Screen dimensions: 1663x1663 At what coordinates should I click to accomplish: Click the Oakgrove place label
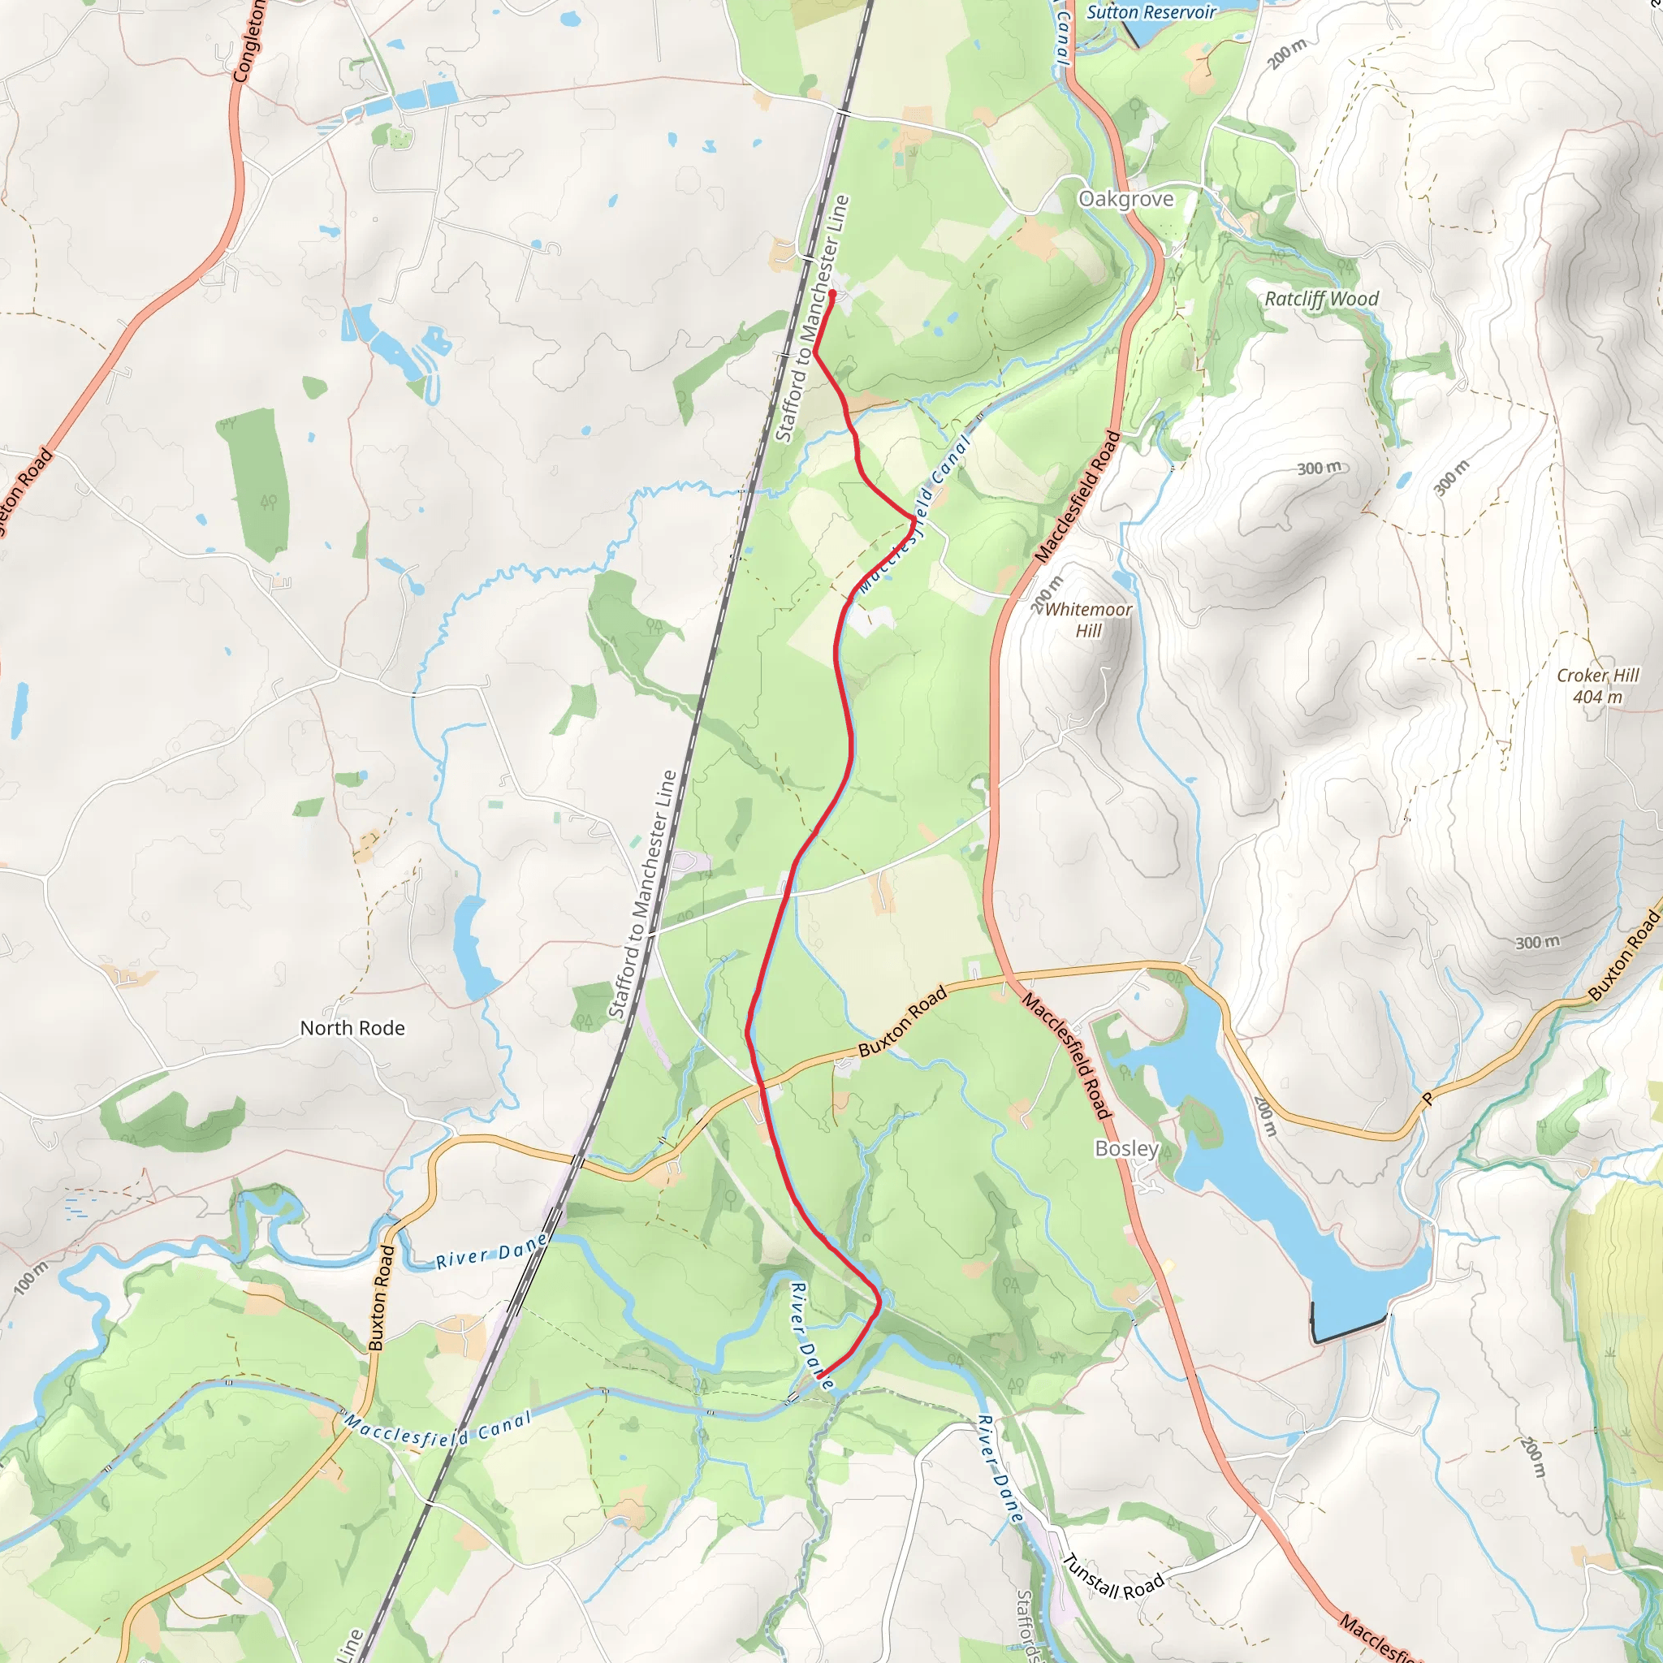click(1126, 199)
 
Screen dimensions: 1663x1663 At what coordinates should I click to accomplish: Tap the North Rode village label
click(352, 1028)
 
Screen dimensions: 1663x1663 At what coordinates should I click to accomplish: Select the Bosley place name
click(1127, 1148)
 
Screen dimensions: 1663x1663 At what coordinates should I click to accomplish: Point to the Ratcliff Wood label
click(1321, 299)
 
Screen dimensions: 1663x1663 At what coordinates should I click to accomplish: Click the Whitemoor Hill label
click(1088, 620)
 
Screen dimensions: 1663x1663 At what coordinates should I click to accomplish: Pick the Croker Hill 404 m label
click(1597, 686)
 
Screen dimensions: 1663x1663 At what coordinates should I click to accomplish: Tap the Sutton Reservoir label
click(1151, 12)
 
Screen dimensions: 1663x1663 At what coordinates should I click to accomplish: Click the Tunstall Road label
click(1113, 1576)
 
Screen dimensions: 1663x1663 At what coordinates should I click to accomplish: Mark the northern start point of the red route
click(832, 293)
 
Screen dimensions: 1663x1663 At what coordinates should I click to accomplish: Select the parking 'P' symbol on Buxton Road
click(1428, 1099)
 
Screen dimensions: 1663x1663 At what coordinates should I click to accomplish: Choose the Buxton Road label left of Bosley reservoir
click(903, 1022)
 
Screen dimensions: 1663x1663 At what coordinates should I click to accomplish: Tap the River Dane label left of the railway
click(490, 1250)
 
